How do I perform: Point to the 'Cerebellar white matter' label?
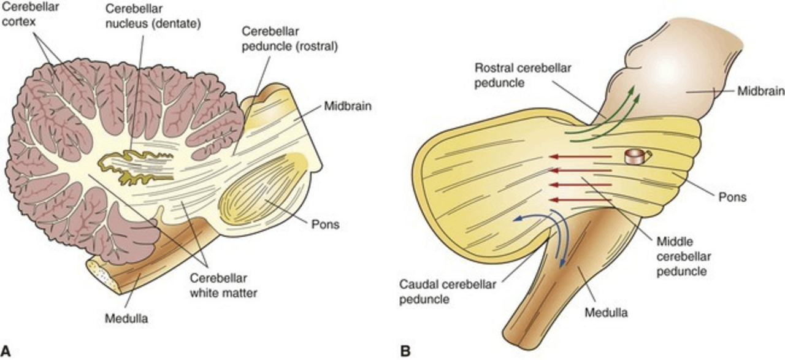(x=228, y=286)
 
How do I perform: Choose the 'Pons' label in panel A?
(x=327, y=225)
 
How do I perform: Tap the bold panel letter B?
(x=405, y=352)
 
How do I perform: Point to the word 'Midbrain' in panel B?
(x=762, y=91)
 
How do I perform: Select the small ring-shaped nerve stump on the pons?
(x=634, y=157)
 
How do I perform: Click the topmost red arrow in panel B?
(x=580, y=158)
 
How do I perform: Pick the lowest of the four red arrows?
(x=580, y=199)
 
